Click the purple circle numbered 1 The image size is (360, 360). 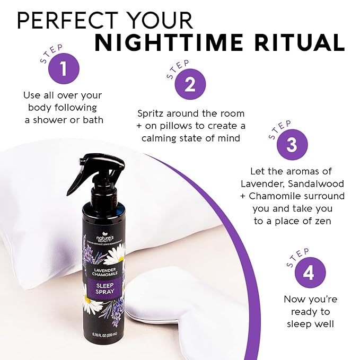pyautogui.click(x=63, y=68)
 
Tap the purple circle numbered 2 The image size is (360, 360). pyautogui.click(x=190, y=84)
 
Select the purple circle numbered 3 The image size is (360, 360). pyautogui.click(x=292, y=145)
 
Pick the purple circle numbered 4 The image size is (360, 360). pyautogui.click(x=310, y=274)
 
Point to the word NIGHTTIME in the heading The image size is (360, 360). pyautogui.click(x=173, y=43)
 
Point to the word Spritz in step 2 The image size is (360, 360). pyautogui.click(x=151, y=113)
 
